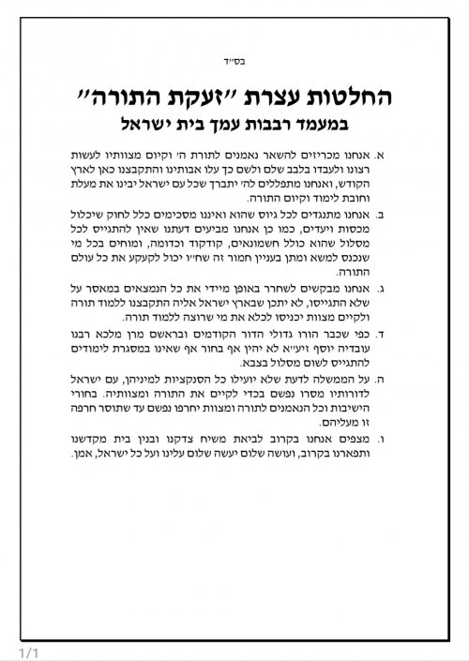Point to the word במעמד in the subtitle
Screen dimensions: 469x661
(x=342, y=123)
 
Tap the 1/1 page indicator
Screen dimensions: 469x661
(x=17, y=650)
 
